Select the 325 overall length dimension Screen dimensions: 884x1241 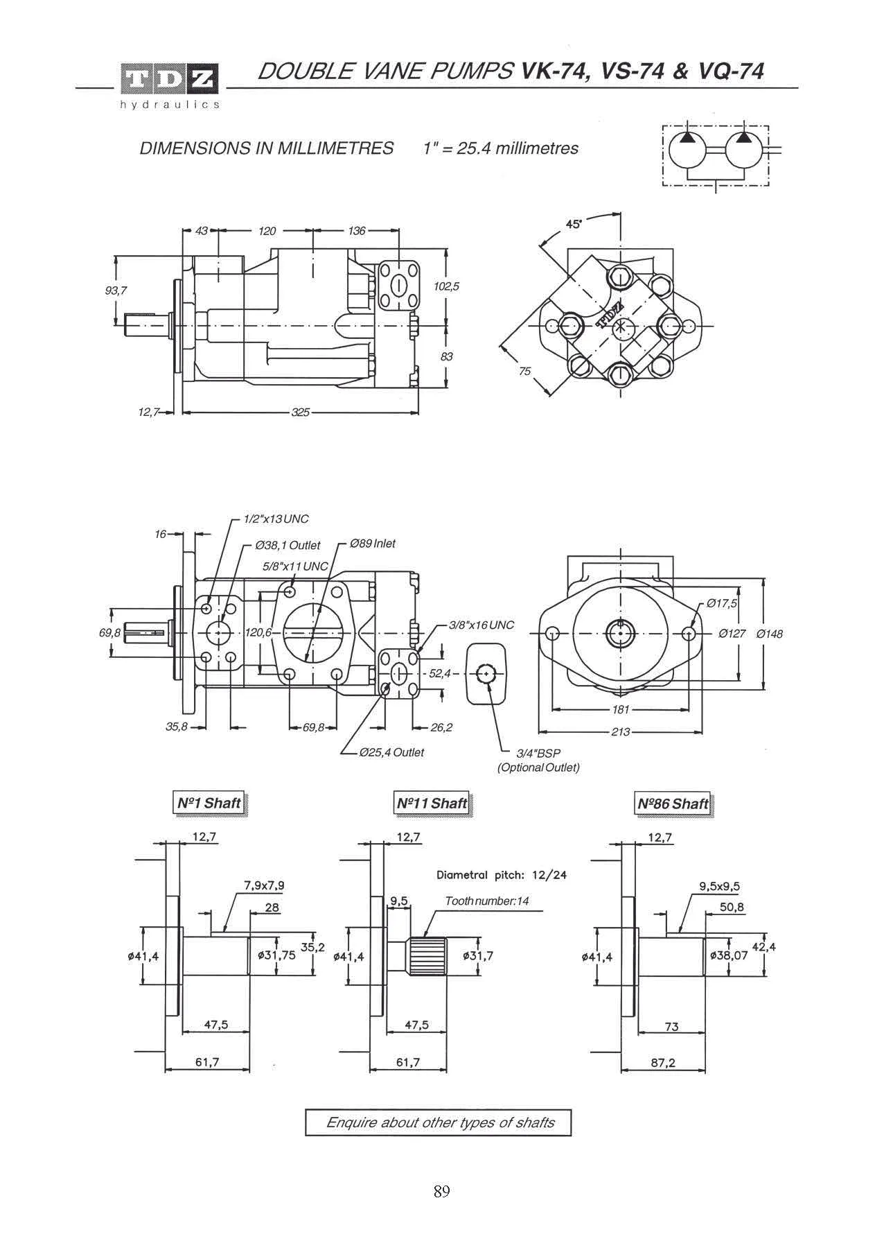(x=300, y=413)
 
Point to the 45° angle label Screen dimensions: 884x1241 (x=574, y=224)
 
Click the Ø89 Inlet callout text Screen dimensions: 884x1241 (x=373, y=544)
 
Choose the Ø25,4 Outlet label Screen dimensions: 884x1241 (x=391, y=752)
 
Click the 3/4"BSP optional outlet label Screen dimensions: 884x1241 (x=538, y=761)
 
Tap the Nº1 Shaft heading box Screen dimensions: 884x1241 (x=209, y=804)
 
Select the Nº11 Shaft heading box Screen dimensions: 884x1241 (x=432, y=804)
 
